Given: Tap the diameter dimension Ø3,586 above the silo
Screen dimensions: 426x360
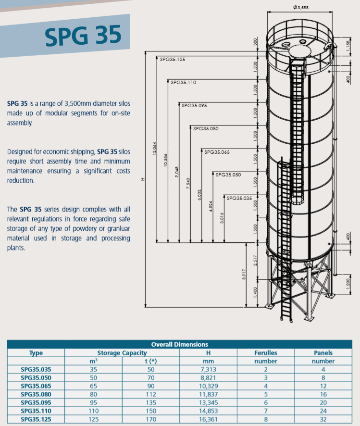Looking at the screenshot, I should pyautogui.click(x=300, y=7).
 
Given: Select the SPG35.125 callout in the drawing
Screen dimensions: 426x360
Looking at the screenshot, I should pyautogui.click(x=173, y=59).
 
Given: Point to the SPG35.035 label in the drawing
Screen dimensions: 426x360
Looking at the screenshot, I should pyautogui.click(x=239, y=198).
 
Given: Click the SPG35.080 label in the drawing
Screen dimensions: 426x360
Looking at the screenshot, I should pyautogui.click(x=205, y=128).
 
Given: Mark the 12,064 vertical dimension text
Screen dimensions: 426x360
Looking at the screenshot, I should pyautogui.click(x=154, y=148).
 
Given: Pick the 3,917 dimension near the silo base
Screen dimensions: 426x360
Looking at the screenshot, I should pyautogui.click(x=244, y=275).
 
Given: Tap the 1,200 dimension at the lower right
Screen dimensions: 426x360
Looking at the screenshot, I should pyautogui.click(x=348, y=283).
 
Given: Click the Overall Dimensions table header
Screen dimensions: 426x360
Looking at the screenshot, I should pyautogui.click(x=180, y=344).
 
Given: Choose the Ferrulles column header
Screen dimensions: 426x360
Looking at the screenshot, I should pyautogui.click(x=265, y=353).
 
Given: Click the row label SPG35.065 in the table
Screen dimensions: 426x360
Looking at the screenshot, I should pyautogui.click(x=36, y=386).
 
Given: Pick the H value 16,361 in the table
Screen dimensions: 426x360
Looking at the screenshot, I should pyautogui.click(x=208, y=419).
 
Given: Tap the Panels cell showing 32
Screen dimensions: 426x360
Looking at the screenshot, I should pyautogui.click(x=323, y=419).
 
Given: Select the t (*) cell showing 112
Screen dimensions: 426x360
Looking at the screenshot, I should pyautogui.click(x=151, y=394).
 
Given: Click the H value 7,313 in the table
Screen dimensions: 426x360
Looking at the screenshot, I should pyautogui.click(x=208, y=369).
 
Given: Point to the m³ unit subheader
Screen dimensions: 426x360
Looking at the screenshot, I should pyautogui.click(x=94, y=361).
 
